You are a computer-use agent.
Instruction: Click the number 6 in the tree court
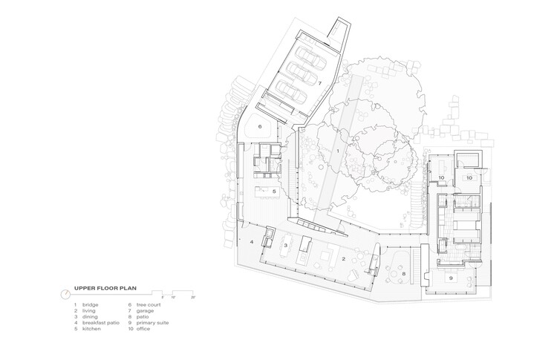(x=260, y=127)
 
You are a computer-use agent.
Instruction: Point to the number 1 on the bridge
(x=338, y=151)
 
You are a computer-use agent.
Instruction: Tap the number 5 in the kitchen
(x=274, y=192)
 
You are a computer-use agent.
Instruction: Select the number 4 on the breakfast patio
(x=252, y=242)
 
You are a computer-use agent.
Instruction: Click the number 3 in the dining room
(x=285, y=244)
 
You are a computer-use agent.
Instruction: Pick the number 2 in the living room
(x=343, y=259)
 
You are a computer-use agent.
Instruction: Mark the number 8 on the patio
(x=404, y=274)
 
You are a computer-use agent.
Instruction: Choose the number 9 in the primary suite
(x=451, y=278)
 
